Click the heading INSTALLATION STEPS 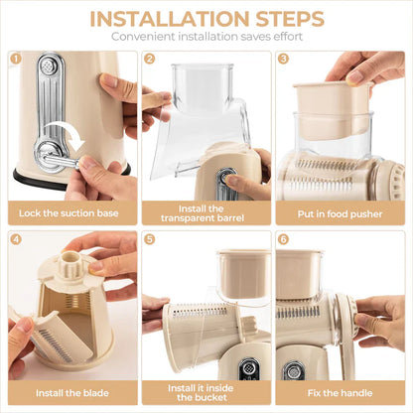click(206, 18)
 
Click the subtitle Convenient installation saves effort click(206, 37)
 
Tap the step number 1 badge click(16, 59)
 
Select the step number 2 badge click(149, 59)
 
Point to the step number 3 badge click(282, 59)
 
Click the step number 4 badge click(16, 239)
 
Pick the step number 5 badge click(149, 239)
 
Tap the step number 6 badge click(282, 239)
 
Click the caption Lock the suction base click(71, 213)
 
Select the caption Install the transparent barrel click(206, 212)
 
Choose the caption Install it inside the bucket click(206, 394)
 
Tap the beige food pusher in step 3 click(332, 109)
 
